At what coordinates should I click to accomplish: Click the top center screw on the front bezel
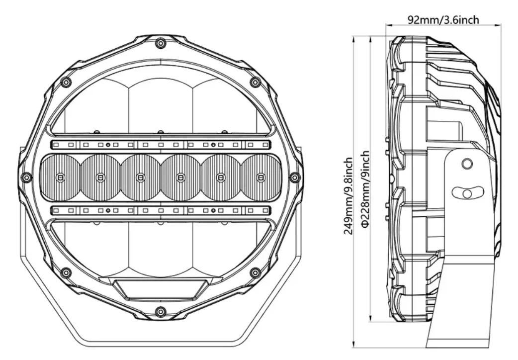point(160,43)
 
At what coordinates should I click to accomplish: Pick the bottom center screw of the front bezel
point(160,312)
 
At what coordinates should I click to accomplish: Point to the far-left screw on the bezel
point(26,177)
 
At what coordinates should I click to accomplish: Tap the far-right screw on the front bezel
point(294,177)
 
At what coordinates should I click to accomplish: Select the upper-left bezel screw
point(65,82)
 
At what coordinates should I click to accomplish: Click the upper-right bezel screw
point(255,82)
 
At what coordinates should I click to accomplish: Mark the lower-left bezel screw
point(65,272)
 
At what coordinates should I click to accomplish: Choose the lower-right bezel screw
point(255,272)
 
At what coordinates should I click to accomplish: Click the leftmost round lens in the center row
point(60,177)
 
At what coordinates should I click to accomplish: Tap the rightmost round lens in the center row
point(260,177)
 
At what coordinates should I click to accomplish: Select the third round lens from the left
point(140,177)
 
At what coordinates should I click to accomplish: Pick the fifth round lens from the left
point(220,177)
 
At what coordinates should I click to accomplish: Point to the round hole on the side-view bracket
point(466,164)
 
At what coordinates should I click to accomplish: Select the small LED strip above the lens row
point(160,145)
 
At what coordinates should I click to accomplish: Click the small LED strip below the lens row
point(160,210)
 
